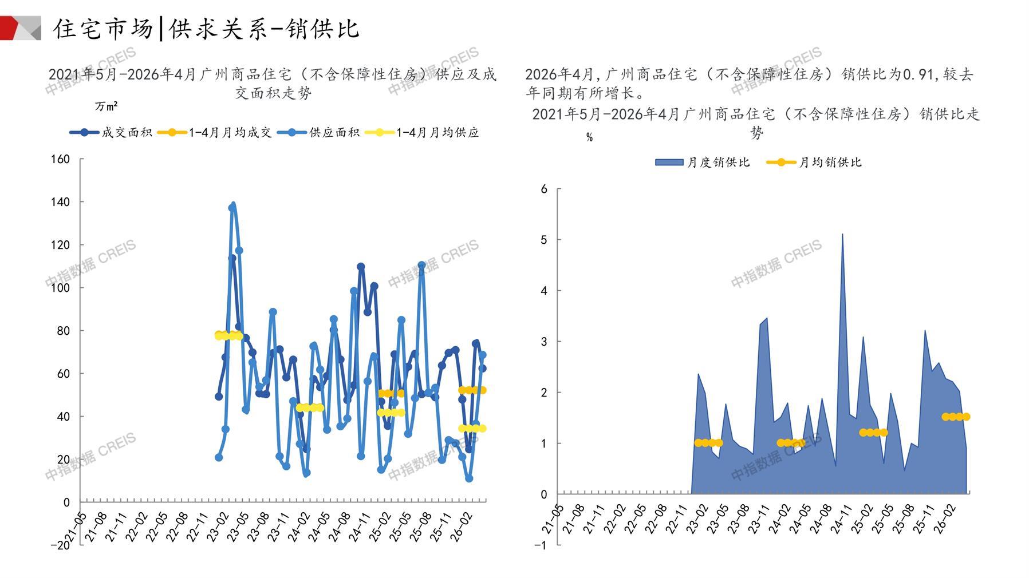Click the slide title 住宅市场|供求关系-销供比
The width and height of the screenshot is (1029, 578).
pos(206,29)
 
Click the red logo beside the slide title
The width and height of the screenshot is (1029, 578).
pos(21,28)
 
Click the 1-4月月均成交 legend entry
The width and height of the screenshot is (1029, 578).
pos(214,133)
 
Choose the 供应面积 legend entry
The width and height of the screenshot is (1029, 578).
pos(318,133)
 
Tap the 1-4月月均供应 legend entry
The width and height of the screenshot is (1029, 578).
pos(421,133)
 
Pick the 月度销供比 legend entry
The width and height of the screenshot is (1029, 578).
pos(703,163)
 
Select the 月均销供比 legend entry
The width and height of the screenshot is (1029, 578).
pos(814,163)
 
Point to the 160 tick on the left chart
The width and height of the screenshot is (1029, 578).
pos(60,159)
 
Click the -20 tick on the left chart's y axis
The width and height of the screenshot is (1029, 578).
pos(60,545)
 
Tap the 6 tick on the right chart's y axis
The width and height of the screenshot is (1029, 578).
pos(544,189)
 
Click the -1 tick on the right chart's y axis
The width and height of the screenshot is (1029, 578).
pos(541,545)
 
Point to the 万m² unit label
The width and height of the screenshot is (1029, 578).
pos(107,106)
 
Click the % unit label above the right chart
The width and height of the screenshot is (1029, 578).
pos(589,137)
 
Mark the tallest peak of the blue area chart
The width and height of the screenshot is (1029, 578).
pos(842,233)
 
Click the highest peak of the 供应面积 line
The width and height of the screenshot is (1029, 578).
pos(232,204)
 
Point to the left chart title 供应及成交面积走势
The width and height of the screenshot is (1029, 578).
pos(273,84)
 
